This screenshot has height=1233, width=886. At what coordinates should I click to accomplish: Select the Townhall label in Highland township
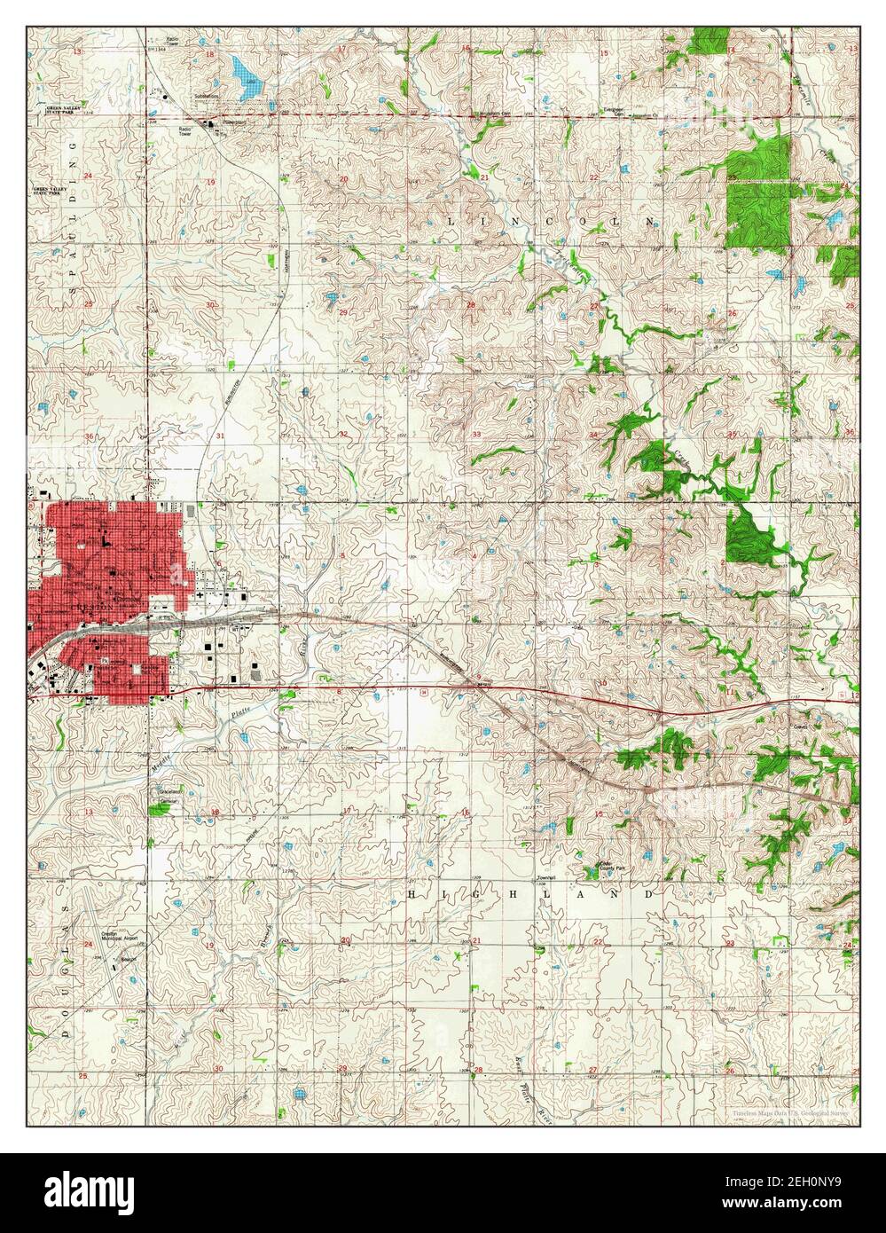click(545, 878)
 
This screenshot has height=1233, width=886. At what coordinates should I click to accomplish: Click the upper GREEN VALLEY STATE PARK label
click(70, 110)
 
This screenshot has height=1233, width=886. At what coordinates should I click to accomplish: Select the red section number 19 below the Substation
click(211, 182)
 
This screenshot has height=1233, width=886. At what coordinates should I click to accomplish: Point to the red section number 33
click(476, 435)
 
